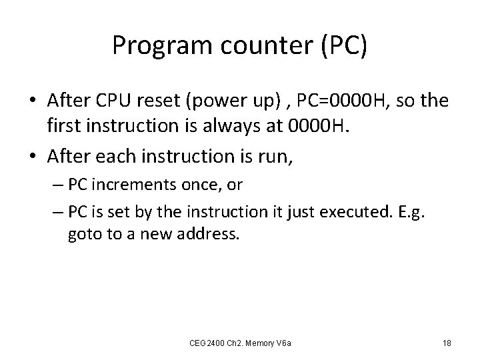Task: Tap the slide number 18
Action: pyautogui.click(x=447, y=343)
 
